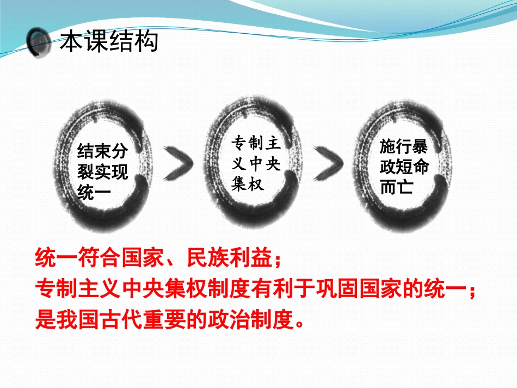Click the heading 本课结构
109,41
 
